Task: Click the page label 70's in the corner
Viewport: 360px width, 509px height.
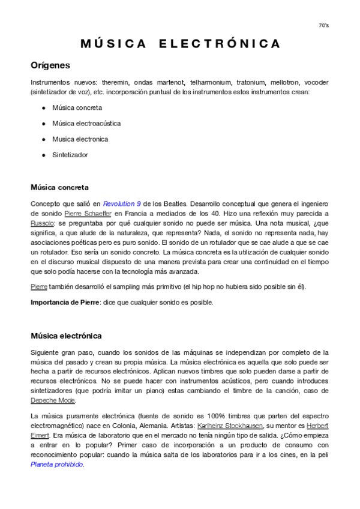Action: click(323, 25)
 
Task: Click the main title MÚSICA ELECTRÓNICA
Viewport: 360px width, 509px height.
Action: click(180, 44)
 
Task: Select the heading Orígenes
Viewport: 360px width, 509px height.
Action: click(50, 65)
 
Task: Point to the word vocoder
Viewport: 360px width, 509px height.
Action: click(316, 82)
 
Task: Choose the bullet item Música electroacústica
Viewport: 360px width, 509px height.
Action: click(86, 123)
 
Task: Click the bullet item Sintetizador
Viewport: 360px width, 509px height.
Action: click(70, 154)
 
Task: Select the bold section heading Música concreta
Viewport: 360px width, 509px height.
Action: click(59, 187)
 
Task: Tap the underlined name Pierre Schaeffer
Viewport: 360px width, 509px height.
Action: click(88, 213)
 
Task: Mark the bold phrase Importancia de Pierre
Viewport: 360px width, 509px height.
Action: click(65, 302)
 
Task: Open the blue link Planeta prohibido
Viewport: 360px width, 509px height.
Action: click(57, 464)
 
